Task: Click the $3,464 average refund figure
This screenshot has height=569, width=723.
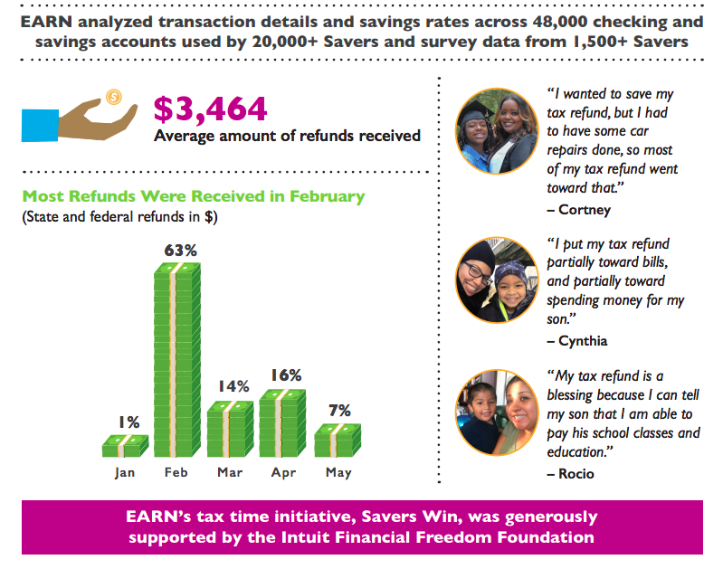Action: point(210,109)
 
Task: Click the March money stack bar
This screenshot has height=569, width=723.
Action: point(232,429)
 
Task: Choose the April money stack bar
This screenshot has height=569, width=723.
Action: point(284,423)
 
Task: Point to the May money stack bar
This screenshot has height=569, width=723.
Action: point(338,440)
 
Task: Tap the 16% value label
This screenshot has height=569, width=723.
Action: point(285,375)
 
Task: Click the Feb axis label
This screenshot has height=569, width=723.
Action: point(177,473)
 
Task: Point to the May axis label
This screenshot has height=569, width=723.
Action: point(338,473)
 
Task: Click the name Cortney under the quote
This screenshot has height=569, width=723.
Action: point(578,210)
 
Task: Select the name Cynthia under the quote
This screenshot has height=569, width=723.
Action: point(577,341)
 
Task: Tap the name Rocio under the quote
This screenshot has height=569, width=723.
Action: point(572,473)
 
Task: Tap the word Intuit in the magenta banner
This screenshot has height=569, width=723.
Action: point(342,537)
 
